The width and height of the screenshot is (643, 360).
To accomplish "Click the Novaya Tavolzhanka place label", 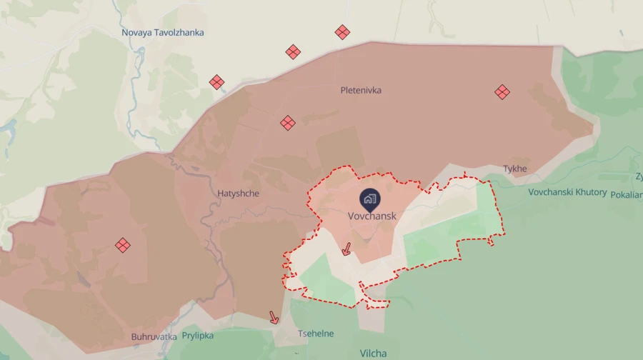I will coord(162,32).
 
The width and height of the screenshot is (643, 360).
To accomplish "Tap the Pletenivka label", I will coord(361,91).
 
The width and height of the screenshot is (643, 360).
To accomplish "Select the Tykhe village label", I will coord(514,169).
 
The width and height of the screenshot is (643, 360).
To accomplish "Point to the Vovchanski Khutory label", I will coord(567,192).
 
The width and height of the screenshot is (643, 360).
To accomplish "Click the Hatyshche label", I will coord(239,193).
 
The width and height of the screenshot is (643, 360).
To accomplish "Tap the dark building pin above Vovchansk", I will coord(370,199).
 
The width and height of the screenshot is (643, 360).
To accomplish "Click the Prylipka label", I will coord(197,335).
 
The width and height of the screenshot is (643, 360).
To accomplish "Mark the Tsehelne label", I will coord(315,334).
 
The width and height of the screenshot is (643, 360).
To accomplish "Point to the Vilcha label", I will coord(373,353).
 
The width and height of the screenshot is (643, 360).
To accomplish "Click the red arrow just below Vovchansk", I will coord(347,249).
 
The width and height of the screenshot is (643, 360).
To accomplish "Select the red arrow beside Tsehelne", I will coord(274,317).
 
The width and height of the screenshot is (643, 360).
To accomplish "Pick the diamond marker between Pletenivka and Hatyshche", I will coord(288,123).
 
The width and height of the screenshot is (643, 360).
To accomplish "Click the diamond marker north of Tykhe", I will coord(502,91).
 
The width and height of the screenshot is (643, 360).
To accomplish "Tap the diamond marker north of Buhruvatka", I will coord(123,245).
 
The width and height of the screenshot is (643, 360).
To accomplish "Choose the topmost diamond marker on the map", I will coord(342,31).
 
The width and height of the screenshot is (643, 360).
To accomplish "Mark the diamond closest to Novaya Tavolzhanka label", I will coord(217,82).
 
